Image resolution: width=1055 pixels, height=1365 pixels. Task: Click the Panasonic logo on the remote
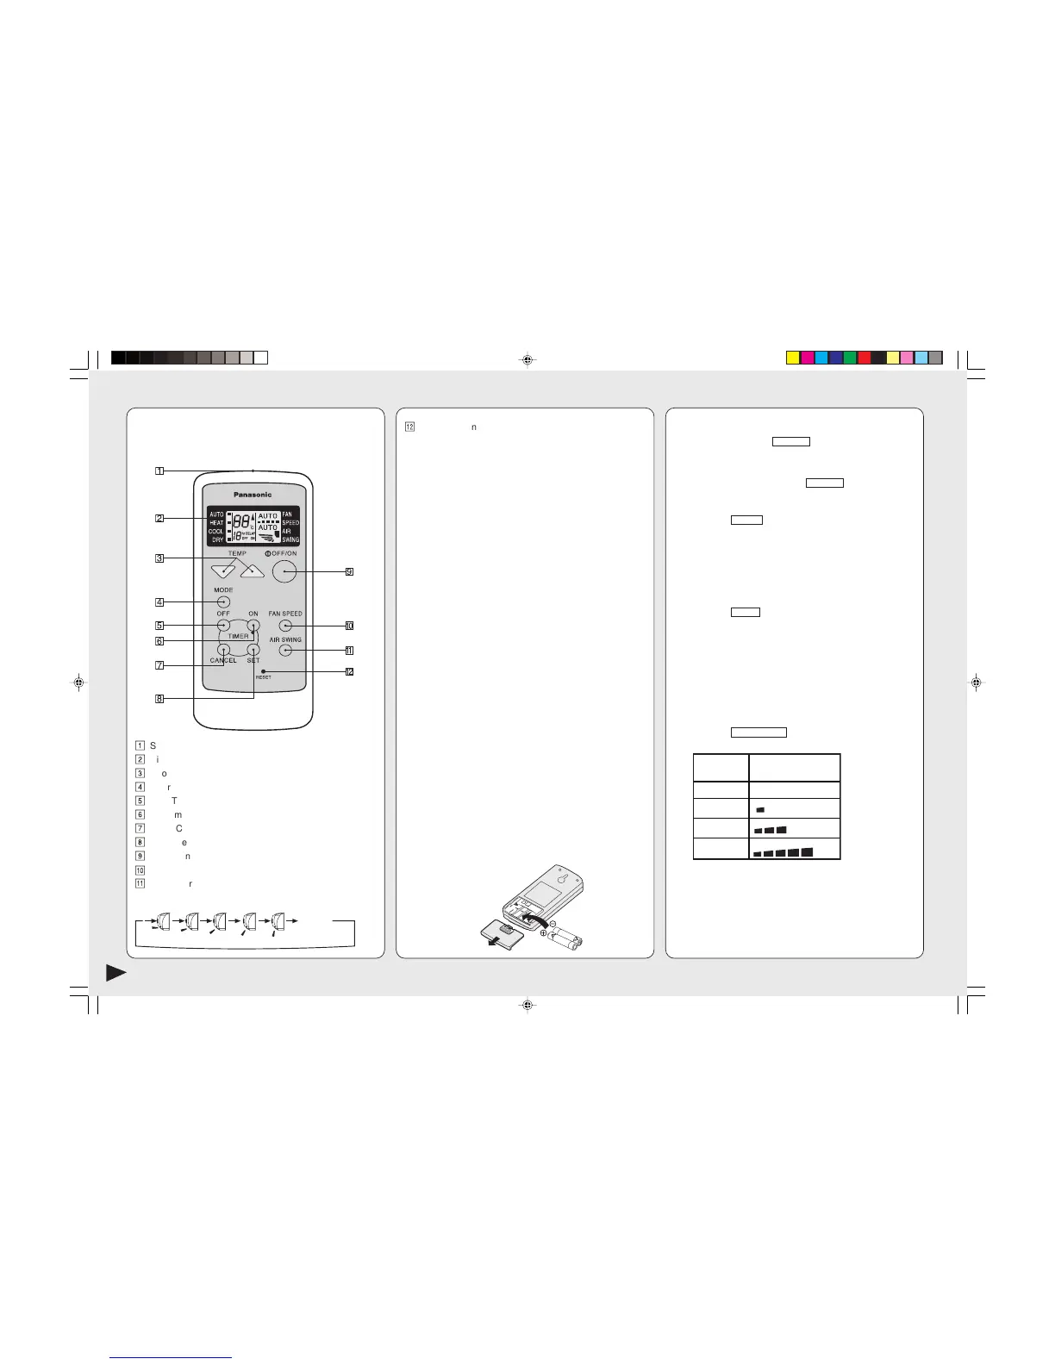[x=253, y=495]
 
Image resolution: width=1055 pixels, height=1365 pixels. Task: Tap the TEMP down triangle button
[x=223, y=570]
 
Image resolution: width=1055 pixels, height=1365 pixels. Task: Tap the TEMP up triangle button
[x=252, y=570]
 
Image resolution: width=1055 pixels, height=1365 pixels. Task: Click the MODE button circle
[x=223, y=601]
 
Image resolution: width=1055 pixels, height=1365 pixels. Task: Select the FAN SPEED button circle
[x=285, y=626]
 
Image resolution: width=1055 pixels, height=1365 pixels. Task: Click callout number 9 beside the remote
[x=349, y=571]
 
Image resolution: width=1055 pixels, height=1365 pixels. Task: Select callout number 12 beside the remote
[x=349, y=671]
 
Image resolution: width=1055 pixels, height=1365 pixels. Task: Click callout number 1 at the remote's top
[x=159, y=471]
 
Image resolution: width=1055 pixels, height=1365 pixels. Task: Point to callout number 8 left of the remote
[x=159, y=699]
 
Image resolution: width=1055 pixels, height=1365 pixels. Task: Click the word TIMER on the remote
[x=238, y=637]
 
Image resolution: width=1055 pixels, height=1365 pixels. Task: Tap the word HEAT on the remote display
[x=215, y=523]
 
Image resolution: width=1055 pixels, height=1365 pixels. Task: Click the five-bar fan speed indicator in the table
[x=783, y=852]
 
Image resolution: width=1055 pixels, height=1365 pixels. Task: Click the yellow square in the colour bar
[x=793, y=358]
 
